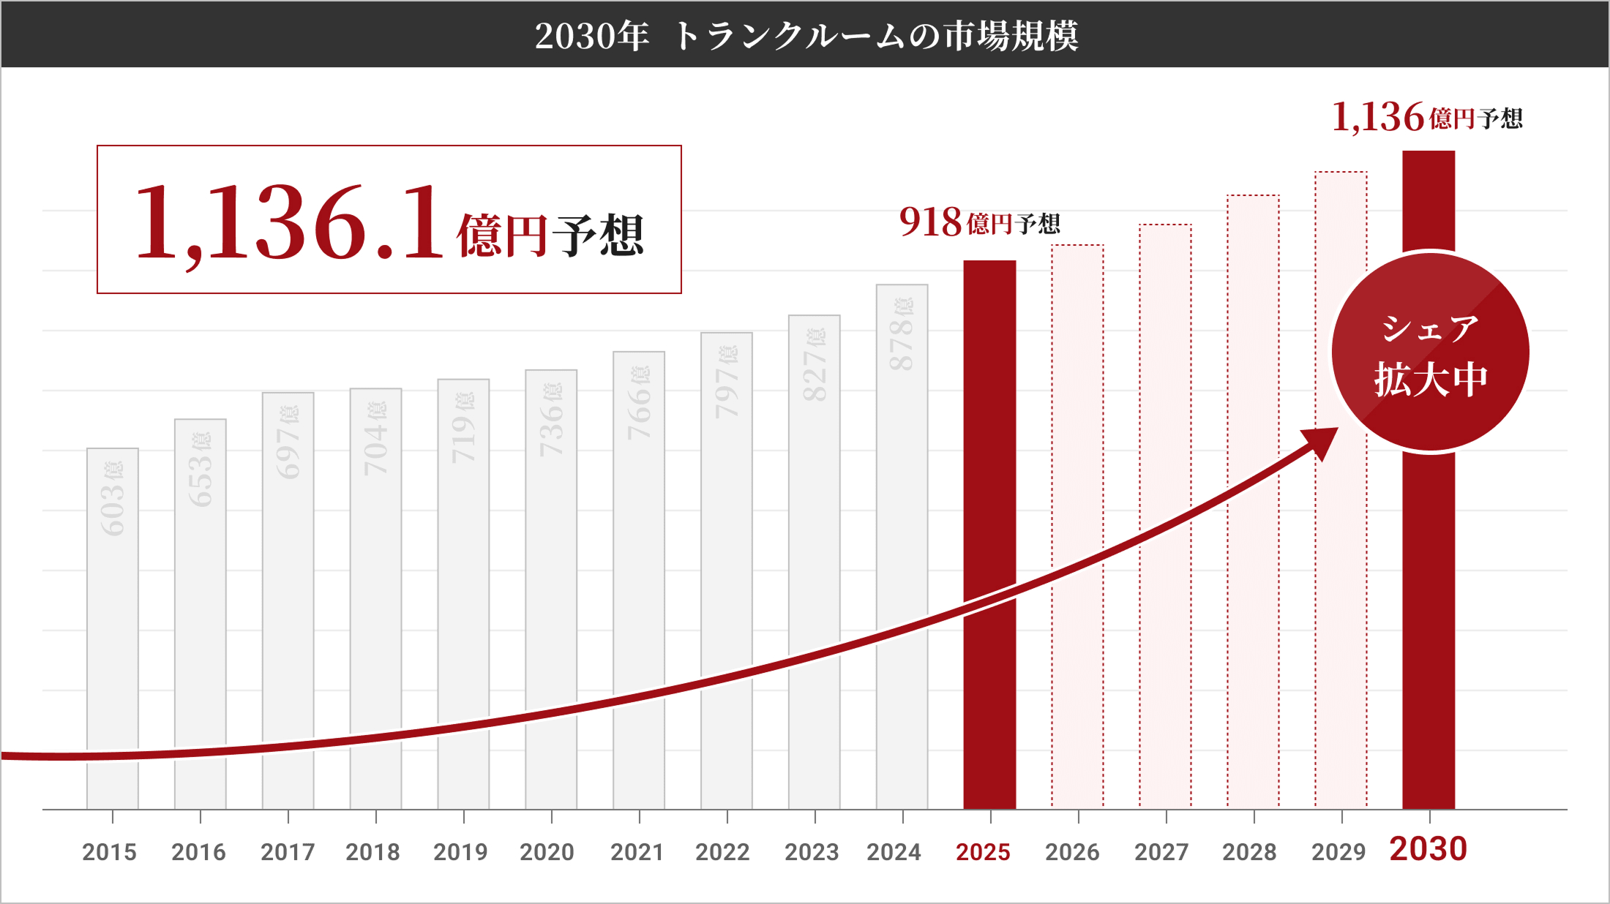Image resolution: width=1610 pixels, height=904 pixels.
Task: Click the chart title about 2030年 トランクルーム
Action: click(805, 35)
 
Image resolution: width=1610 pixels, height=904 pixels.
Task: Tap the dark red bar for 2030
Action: click(1429, 622)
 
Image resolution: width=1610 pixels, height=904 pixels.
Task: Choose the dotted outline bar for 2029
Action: click(1341, 585)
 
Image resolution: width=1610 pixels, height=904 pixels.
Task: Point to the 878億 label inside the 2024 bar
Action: click(902, 334)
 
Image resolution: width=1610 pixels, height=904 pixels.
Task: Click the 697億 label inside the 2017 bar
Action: click(288, 442)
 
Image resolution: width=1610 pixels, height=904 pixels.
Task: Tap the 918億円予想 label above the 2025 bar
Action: click(979, 222)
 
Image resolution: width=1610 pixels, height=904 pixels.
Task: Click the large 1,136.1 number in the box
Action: click(289, 222)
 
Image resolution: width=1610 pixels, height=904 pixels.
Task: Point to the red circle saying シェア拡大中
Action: click(1431, 353)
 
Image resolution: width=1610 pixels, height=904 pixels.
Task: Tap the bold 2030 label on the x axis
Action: click(1428, 849)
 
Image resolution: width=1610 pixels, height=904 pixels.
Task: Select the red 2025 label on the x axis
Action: click(983, 852)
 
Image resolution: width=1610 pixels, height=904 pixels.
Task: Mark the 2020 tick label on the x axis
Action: click(547, 852)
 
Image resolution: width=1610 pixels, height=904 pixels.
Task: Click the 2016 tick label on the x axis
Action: click(198, 852)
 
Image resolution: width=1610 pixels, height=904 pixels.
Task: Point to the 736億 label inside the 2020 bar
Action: click(550, 419)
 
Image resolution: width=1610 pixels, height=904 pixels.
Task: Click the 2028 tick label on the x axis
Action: click(1248, 852)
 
